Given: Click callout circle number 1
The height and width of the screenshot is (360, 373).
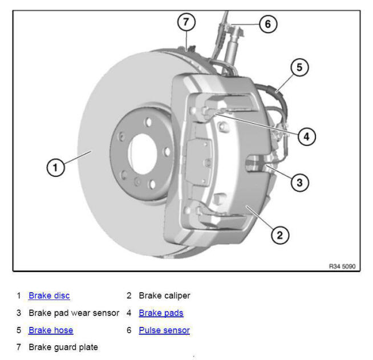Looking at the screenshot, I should click(55, 168).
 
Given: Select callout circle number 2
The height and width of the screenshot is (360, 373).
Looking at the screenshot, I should click(279, 234).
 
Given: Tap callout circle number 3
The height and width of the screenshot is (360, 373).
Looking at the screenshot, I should click(299, 183).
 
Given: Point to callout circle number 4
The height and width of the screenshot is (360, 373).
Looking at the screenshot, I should click(306, 136).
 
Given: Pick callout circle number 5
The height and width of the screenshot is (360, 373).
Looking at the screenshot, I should click(299, 67).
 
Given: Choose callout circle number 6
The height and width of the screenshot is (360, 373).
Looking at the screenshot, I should click(267, 24).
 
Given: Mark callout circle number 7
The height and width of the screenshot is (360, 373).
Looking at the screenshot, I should click(186, 22).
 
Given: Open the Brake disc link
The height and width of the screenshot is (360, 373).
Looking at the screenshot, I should click(49, 296).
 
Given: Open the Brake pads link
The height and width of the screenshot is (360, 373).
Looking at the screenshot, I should click(161, 313).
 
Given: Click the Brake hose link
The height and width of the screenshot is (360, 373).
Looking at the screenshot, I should click(51, 330).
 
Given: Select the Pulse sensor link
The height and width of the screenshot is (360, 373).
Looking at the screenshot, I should click(164, 330).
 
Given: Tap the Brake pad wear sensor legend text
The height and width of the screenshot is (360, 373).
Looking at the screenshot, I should click(74, 313).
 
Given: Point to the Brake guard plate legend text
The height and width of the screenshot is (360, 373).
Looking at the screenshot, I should click(63, 347).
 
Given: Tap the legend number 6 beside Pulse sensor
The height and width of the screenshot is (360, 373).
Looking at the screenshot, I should click(129, 330).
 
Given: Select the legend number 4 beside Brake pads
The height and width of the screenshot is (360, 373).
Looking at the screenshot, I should click(129, 313).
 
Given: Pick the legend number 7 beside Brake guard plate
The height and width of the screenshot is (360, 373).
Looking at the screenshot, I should click(19, 347).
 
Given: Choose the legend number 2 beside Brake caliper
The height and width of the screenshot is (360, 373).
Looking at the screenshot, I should click(129, 296).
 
